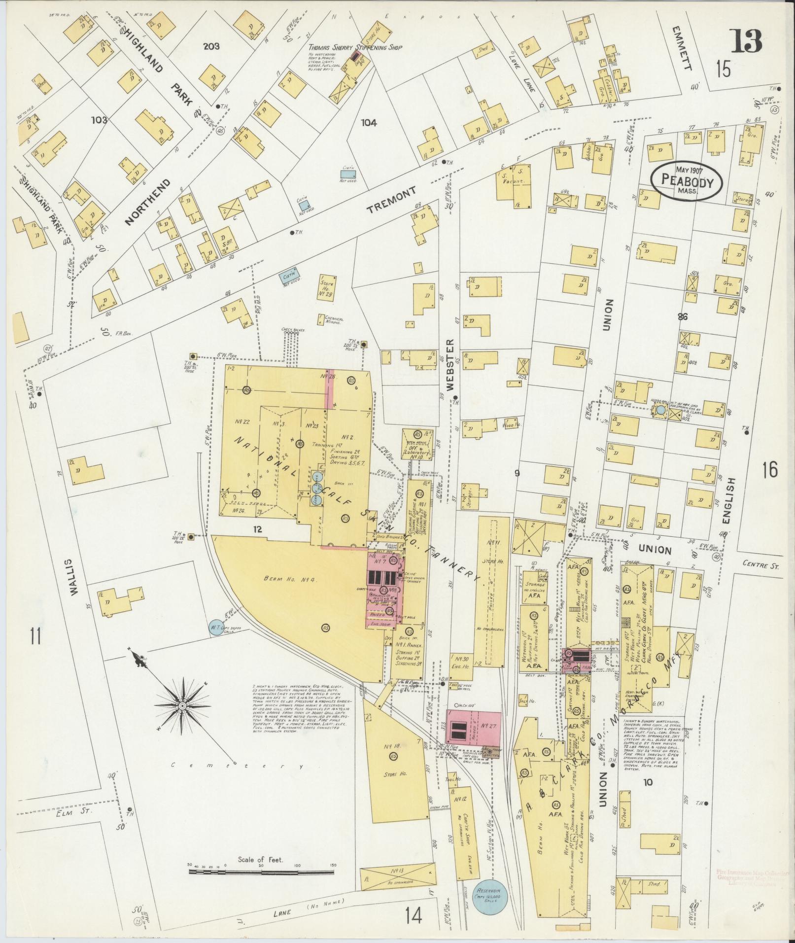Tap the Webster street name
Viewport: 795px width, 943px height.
click(451, 365)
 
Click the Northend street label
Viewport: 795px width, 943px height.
click(147, 202)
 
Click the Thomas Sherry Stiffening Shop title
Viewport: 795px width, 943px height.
click(355, 48)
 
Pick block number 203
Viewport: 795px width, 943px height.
click(211, 46)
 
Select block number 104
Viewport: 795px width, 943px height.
click(368, 123)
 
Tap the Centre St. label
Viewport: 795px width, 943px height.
click(761, 567)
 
